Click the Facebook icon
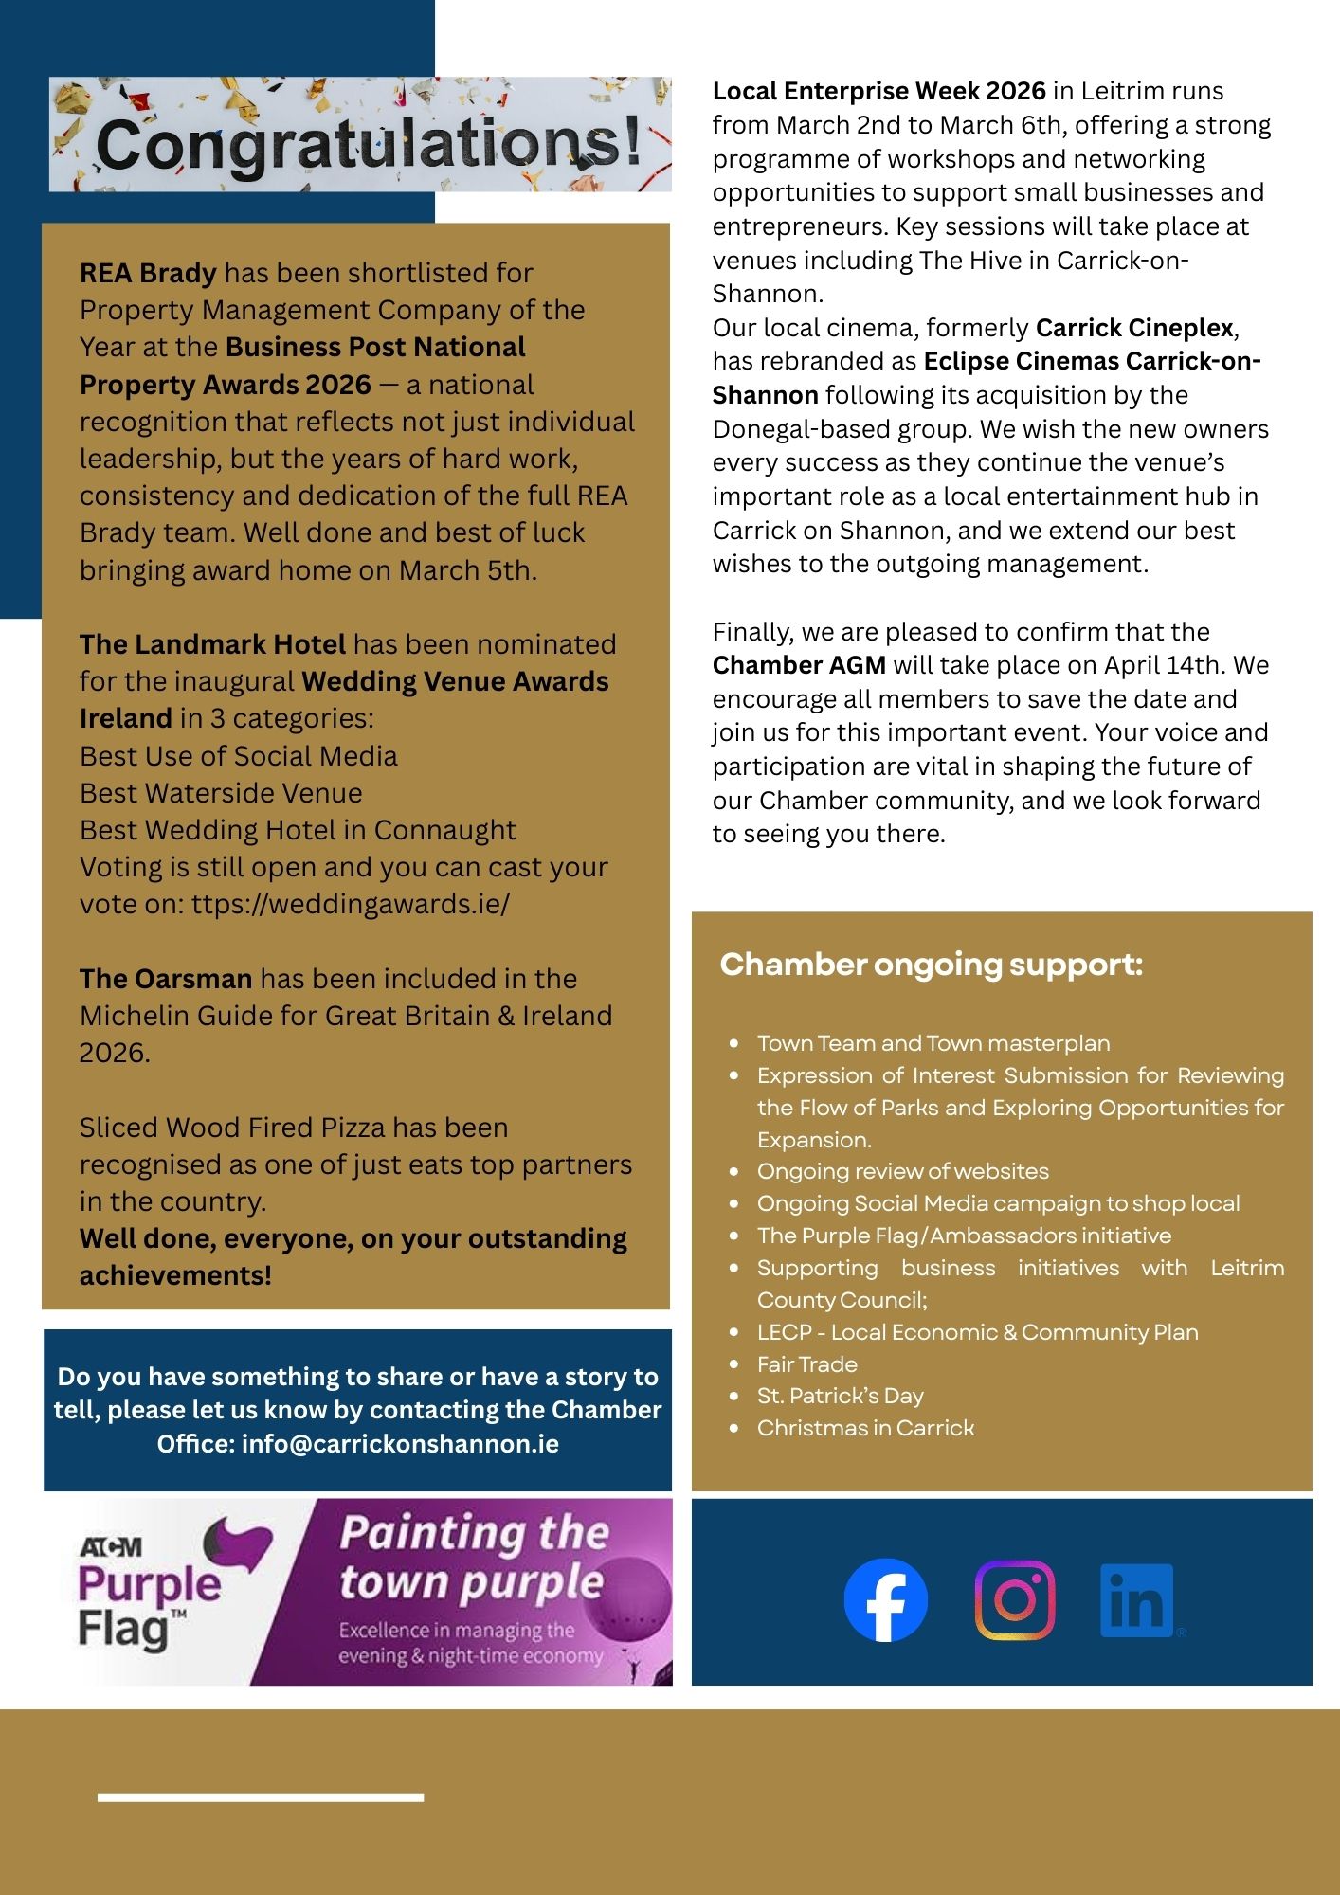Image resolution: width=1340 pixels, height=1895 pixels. pos(885,1599)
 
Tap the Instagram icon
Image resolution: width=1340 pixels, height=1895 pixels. pos(1015,1599)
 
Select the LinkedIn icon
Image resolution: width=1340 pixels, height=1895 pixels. pos(1138,1600)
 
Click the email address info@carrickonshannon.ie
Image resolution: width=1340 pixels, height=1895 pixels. pos(400,1444)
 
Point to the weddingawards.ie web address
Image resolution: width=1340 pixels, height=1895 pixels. pos(351,904)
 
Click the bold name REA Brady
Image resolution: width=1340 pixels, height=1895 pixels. pos(148,273)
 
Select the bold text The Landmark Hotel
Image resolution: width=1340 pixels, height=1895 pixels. pos(212,644)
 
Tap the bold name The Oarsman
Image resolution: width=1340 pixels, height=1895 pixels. pos(166,979)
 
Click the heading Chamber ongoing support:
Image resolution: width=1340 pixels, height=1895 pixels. pos(931,965)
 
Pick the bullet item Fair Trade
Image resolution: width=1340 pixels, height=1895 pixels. pos(806,1364)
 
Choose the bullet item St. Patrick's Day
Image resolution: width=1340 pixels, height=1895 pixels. pos(840,1396)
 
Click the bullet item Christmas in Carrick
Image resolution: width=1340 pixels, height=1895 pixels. pos(865,1428)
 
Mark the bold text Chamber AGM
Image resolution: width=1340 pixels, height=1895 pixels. pos(799,665)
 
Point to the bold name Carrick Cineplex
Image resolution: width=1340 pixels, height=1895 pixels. pos(1134,328)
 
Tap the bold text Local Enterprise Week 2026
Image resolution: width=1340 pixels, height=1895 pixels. pos(878,91)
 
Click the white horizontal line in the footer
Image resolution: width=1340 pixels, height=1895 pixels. pos(261,1796)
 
